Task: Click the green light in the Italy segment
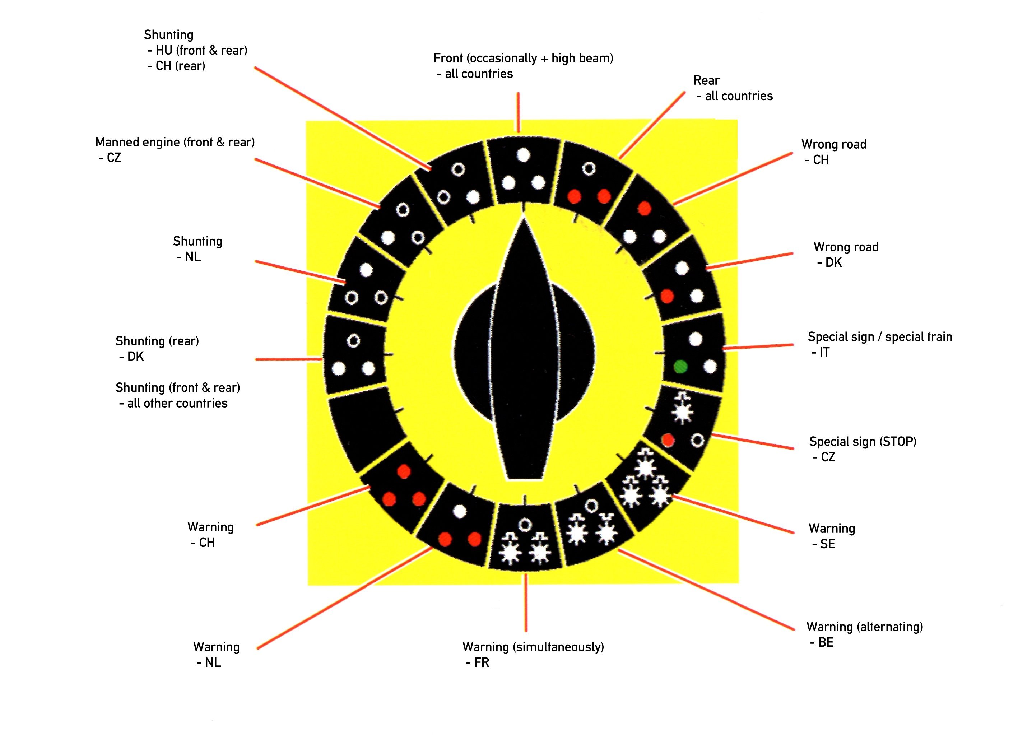click(x=680, y=367)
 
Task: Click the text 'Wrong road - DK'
click(x=846, y=255)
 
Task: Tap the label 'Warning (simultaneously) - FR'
click(x=533, y=654)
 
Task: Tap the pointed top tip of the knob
click(x=524, y=220)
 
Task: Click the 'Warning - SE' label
click(x=831, y=536)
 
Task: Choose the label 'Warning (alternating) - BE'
click(x=864, y=634)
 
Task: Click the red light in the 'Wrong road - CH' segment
click(x=644, y=208)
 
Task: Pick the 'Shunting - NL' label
click(x=197, y=248)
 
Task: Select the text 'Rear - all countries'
click(x=733, y=88)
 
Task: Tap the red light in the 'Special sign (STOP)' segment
click(x=668, y=440)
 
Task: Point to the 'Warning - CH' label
click(x=210, y=534)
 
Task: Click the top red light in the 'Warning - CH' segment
click(x=404, y=471)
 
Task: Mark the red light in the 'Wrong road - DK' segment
click(x=667, y=296)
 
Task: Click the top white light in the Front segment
click(x=524, y=155)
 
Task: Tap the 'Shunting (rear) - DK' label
click(x=157, y=348)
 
